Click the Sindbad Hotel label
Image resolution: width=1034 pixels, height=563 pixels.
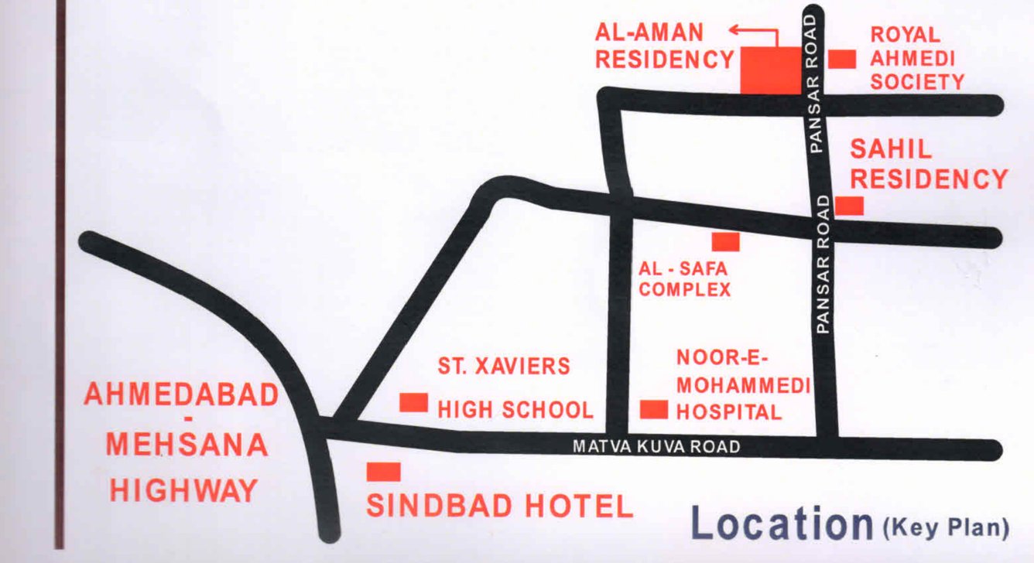(x=499, y=507)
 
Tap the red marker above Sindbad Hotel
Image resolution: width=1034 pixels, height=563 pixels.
(x=383, y=472)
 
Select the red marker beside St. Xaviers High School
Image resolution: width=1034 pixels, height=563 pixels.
(x=413, y=402)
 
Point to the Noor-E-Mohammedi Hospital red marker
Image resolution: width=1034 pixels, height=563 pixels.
(x=654, y=409)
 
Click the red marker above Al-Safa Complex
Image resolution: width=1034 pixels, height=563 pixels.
(x=725, y=242)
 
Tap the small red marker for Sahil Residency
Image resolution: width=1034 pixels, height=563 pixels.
(x=849, y=206)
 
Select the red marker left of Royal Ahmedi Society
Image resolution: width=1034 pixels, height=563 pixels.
(x=842, y=59)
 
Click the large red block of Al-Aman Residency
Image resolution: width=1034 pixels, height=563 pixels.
(x=770, y=70)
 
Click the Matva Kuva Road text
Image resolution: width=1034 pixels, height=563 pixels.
(x=656, y=446)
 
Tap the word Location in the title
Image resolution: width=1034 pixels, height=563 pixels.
(x=782, y=524)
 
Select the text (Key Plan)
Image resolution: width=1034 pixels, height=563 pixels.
(x=946, y=529)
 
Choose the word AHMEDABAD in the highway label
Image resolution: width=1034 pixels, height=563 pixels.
(x=180, y=396)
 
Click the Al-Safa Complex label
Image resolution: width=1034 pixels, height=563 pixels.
(x=685, y=280)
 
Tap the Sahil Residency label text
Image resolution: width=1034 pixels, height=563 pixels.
(x=929, y=165)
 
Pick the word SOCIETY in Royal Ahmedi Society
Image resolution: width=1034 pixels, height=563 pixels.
(x=917, y=82)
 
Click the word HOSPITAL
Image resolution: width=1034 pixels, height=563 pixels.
(x=729, y=412)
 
